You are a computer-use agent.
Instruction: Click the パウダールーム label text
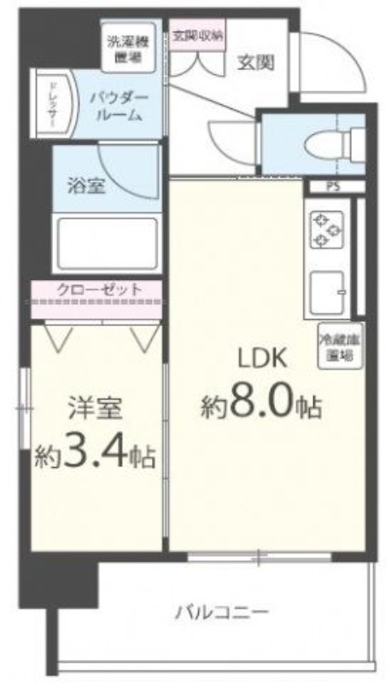(x=120, y=107)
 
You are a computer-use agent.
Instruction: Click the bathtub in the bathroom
(x=106, y=245)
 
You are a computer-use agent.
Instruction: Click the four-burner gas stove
(x=324, y=230)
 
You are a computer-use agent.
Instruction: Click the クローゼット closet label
(x=99, y=290)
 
